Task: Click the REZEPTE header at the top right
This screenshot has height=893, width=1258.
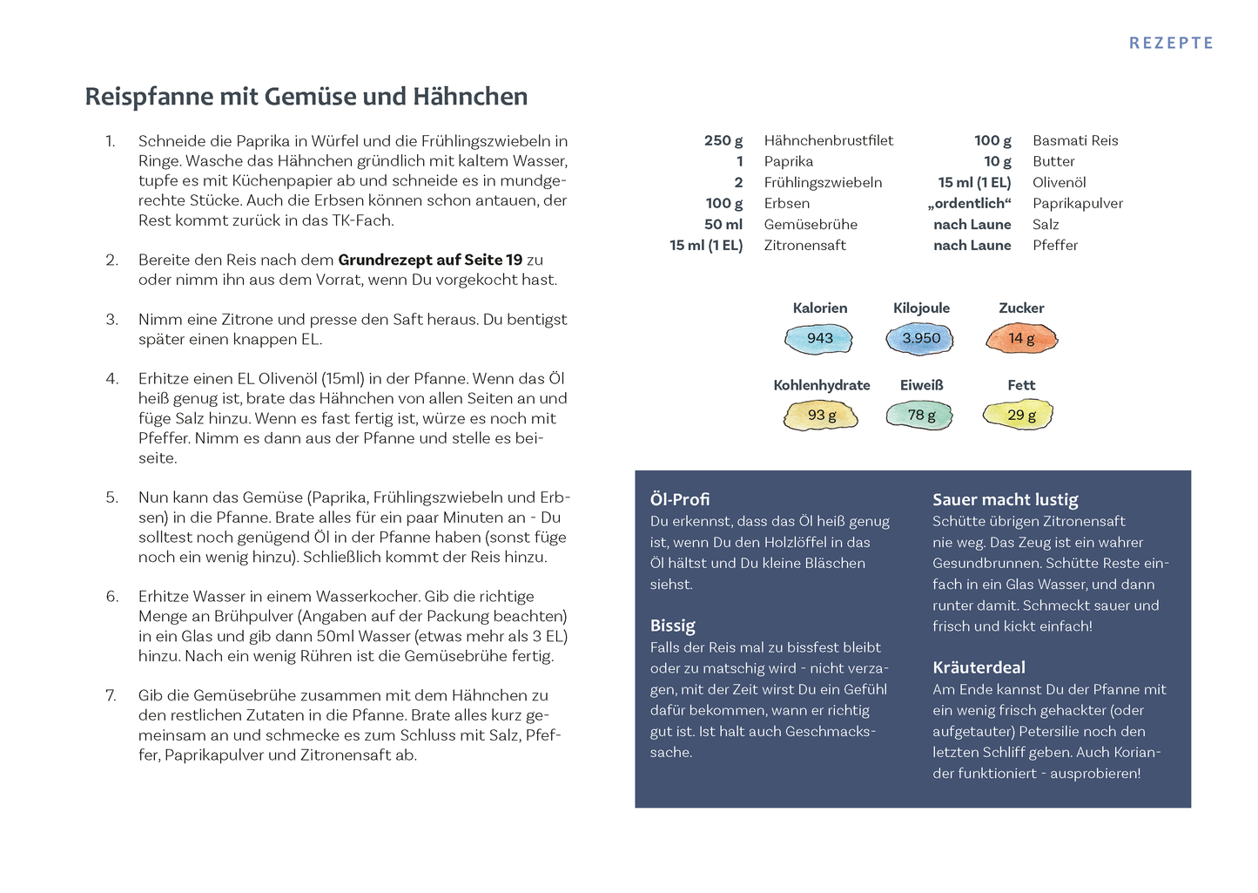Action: (1171, 43)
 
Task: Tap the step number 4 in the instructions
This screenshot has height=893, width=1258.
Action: (111, 379)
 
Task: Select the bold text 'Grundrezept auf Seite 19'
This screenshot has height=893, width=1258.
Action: (430, 260)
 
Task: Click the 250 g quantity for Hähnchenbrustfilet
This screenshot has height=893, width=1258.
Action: (723, 140)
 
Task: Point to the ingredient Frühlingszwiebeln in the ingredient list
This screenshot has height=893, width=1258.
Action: (823, 182)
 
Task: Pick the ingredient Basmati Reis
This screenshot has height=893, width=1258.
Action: (1075, 140)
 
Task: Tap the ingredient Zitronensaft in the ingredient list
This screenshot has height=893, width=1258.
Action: (804, 245)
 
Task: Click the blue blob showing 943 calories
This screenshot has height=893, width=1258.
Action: (819, 338)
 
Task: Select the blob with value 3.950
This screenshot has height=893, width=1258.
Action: (920, 338)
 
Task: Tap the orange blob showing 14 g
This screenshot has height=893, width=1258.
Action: (1021, 338)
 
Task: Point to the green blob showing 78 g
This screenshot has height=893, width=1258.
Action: (920, 415)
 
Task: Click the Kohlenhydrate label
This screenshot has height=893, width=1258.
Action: (821, 385)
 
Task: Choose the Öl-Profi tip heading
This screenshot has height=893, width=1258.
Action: (680, 499)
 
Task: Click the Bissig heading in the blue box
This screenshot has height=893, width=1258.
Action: (673, 626)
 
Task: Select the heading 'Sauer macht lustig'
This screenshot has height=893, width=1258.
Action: (1005, 499)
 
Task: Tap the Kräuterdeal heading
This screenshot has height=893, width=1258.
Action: (979, 667)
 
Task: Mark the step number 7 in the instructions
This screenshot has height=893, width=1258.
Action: (111, 695)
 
